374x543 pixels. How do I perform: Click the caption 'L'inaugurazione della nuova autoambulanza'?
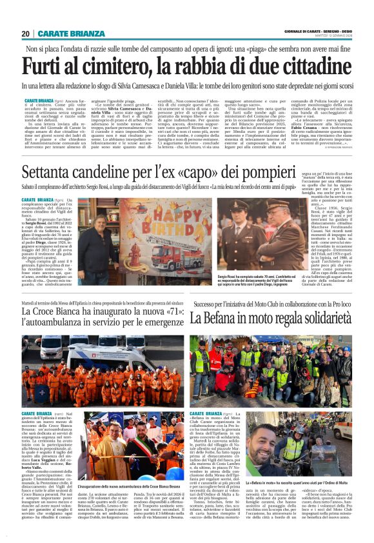(x=123, y=485)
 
